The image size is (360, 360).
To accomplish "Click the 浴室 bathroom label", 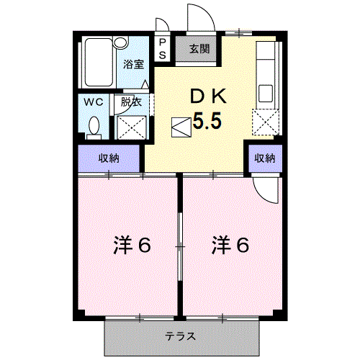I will click(x=134, y=63).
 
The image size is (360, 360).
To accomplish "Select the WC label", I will click(x=94, y=102).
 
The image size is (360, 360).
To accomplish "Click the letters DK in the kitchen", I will click(x=209, y=96).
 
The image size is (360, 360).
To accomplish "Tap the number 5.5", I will click(x=207, y=122).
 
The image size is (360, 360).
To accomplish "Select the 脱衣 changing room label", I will click(x=131, y=102).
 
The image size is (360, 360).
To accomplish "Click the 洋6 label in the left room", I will click(x=131, y=246).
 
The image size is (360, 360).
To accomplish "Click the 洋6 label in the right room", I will click(x=230, y=246).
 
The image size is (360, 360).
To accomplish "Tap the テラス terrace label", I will click(x=181, y=336).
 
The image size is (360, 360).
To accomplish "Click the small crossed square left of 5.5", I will click(x=179, y=127).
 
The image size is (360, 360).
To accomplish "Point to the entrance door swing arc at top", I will click(x=197, y=16).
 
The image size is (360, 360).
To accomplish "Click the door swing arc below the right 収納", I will click(x=266, y=189).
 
